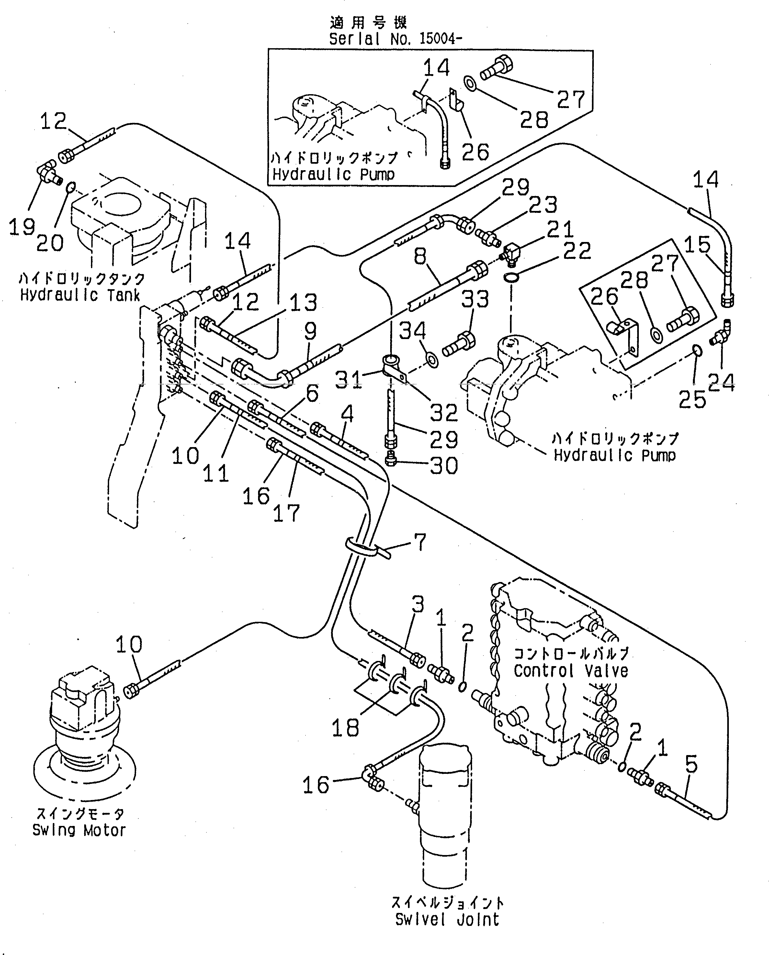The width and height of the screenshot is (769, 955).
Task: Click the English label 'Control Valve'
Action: (571, 671)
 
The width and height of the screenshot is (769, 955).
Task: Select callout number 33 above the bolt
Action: (475, 300)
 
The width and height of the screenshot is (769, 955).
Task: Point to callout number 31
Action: (348, 379)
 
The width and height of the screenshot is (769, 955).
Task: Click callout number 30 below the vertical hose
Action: (444, 466)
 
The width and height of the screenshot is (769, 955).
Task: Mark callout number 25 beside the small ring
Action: (692, 400)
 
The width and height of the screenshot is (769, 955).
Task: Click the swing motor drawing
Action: (84, 735)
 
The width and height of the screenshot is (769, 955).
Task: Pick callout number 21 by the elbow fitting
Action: (560, 229)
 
